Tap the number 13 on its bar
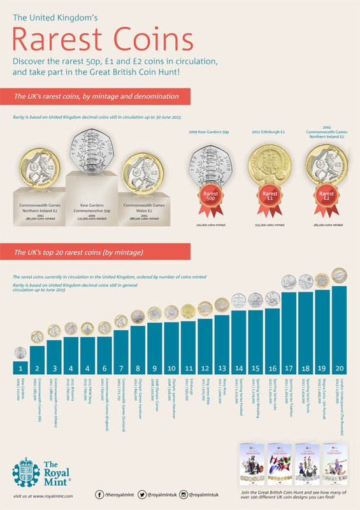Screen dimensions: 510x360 tap(222, 367)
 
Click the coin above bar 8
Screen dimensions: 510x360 tap(138, 316)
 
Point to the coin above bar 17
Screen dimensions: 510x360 tap(289, 282)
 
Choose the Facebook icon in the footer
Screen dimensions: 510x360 tap(101, 494)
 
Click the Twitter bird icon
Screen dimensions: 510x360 tap(142, 494)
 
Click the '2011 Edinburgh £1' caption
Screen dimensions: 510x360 tap(270, 132)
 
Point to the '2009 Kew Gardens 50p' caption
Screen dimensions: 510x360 tap(210, 132)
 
